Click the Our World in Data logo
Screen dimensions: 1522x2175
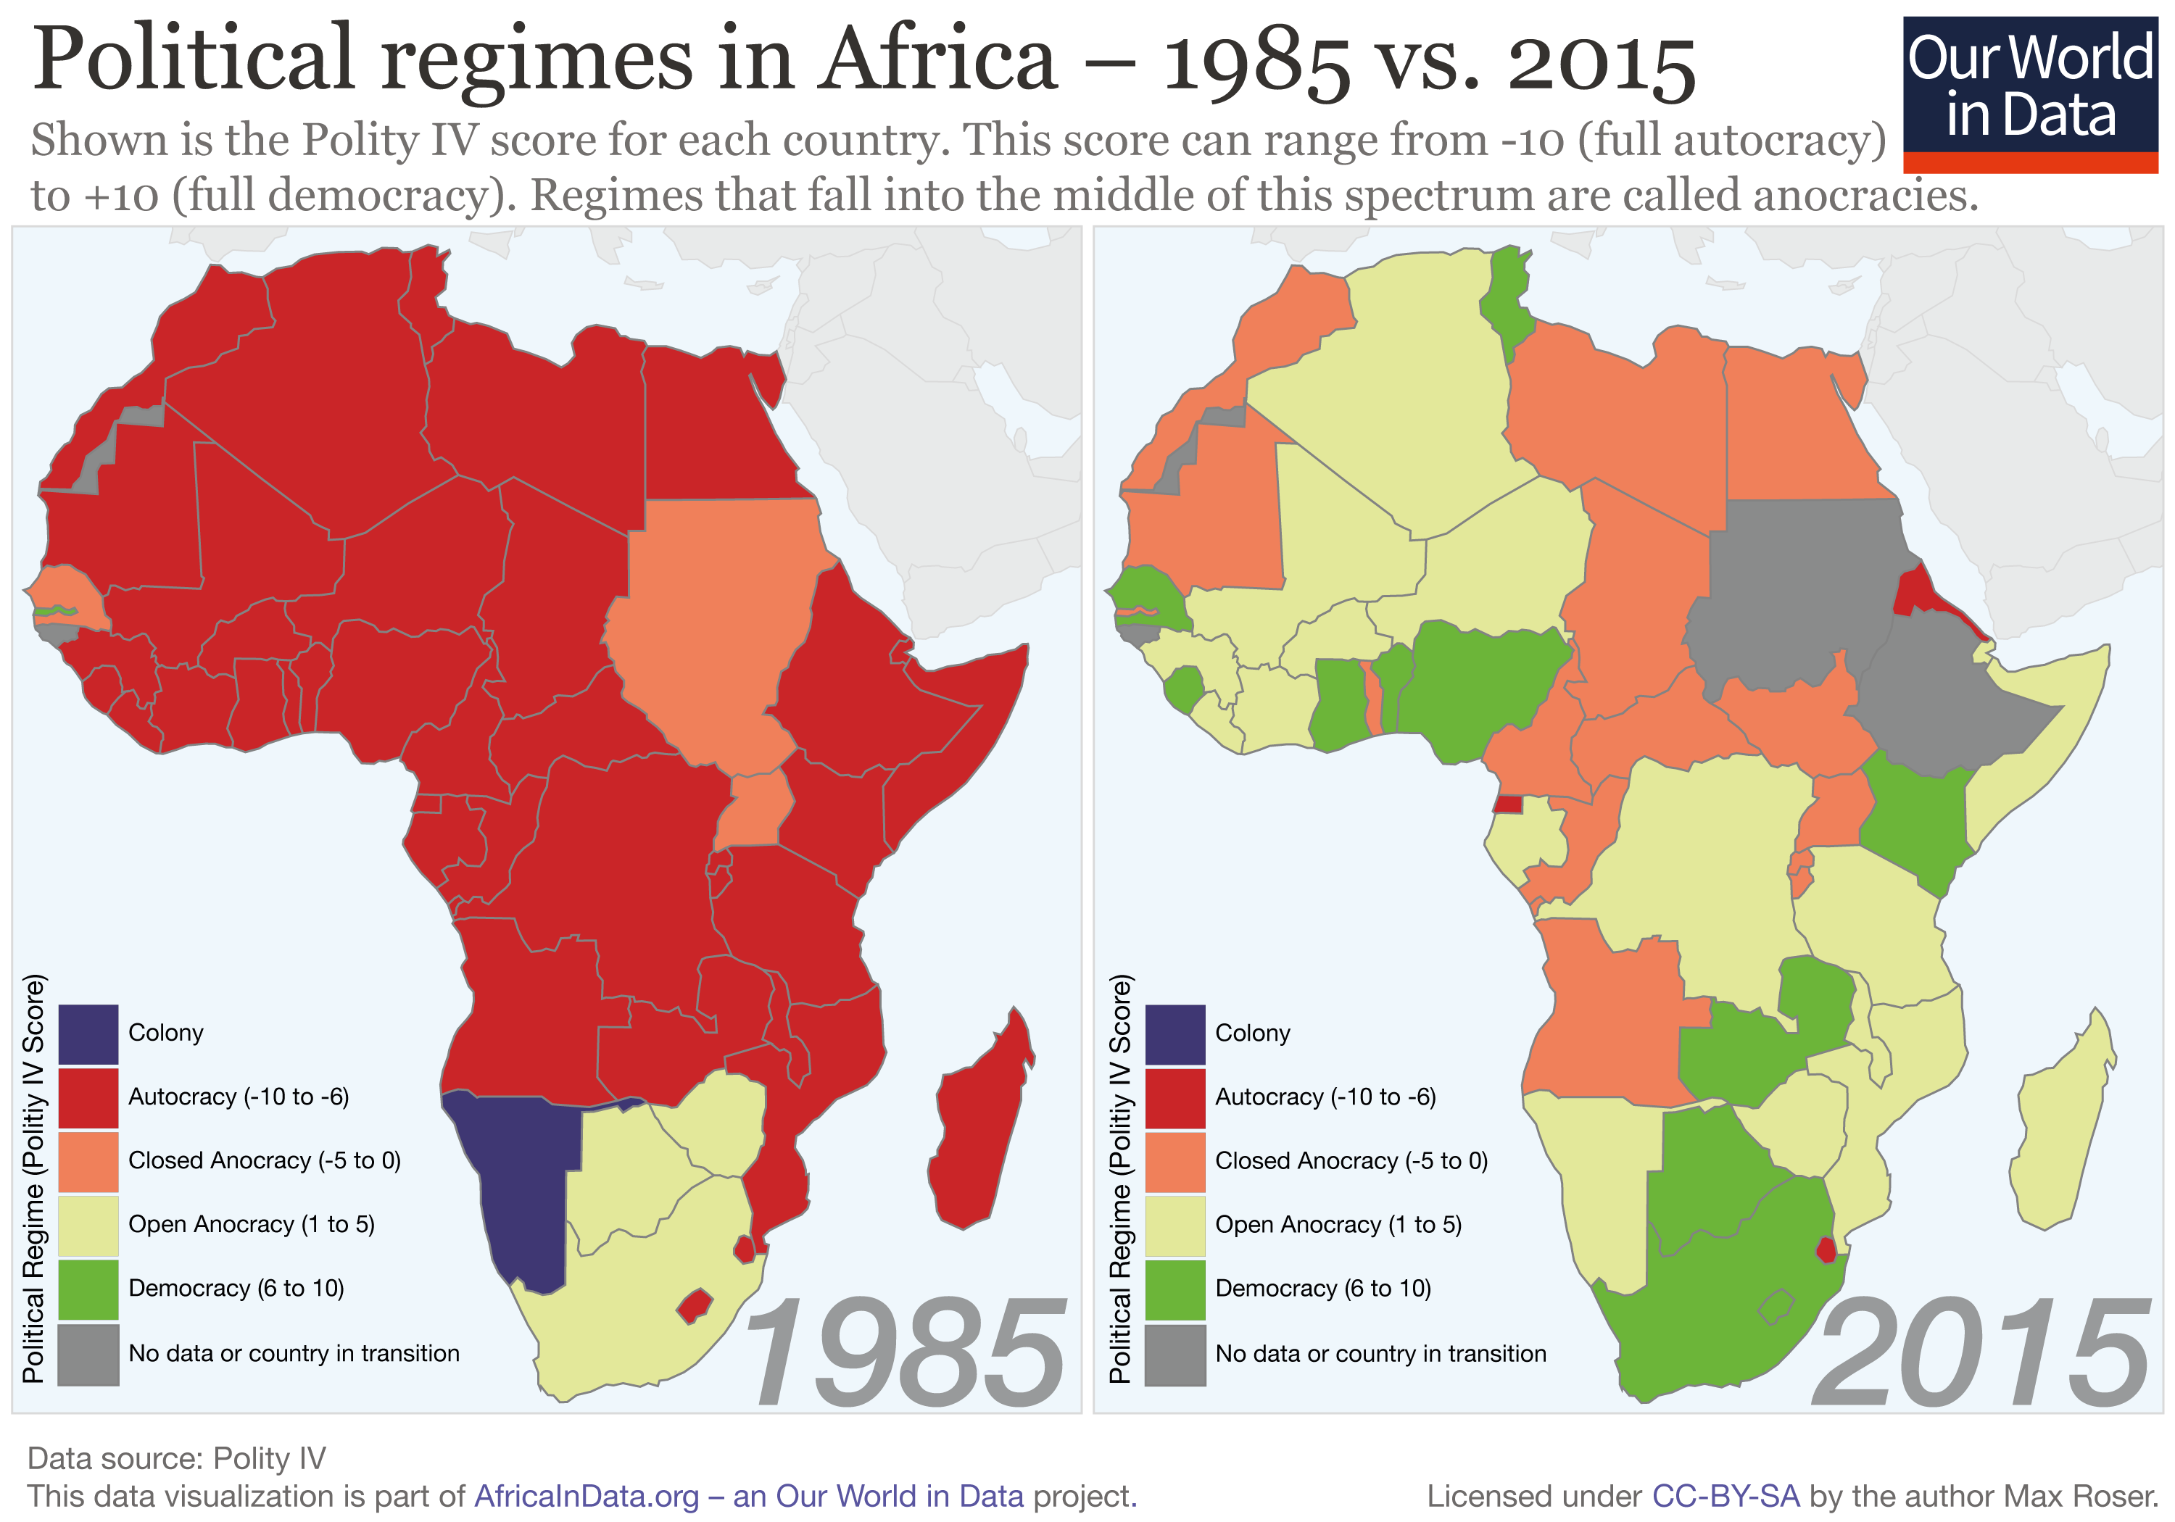pos(2030,93)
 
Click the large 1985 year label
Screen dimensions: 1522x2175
pos(905,1355)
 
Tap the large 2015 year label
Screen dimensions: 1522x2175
pos(1980,1355)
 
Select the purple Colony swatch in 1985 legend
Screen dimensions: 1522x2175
pos(88,1034)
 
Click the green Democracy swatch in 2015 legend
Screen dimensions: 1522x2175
pos(1174,1289)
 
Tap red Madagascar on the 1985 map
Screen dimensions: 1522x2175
pos(980,1127)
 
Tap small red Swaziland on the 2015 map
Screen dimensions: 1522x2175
pos(1826,1250)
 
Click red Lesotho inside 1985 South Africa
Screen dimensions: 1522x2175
pos(695,1306)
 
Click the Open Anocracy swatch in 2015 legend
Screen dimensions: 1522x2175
pos(1174,1226)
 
